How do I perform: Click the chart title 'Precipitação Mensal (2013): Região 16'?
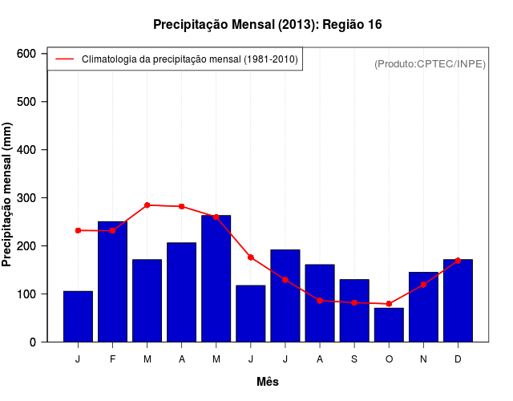coord(267,25)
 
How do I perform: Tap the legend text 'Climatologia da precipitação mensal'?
coord(189,59)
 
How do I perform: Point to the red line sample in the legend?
coord(64,59)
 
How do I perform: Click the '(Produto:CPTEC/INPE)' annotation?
coord(430,63)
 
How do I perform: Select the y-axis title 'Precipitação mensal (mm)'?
coord(8,194)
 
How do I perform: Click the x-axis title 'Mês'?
coord(268,382)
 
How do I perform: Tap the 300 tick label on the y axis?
coord(26,198)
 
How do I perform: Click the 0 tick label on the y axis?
coord(32,342)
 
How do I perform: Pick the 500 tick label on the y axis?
coord(26,102)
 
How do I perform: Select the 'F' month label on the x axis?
coord(112,359)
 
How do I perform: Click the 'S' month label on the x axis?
coord(354,359)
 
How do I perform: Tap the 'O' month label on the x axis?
coord(389,359)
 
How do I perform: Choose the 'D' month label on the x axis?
coord(458,359)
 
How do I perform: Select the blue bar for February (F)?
coord(112,282)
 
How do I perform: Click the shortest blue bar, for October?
coord(389,325)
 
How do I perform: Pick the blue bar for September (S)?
coord(354,310)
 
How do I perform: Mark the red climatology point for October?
coord(389,304)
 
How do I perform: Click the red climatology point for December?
coord(458,261)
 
